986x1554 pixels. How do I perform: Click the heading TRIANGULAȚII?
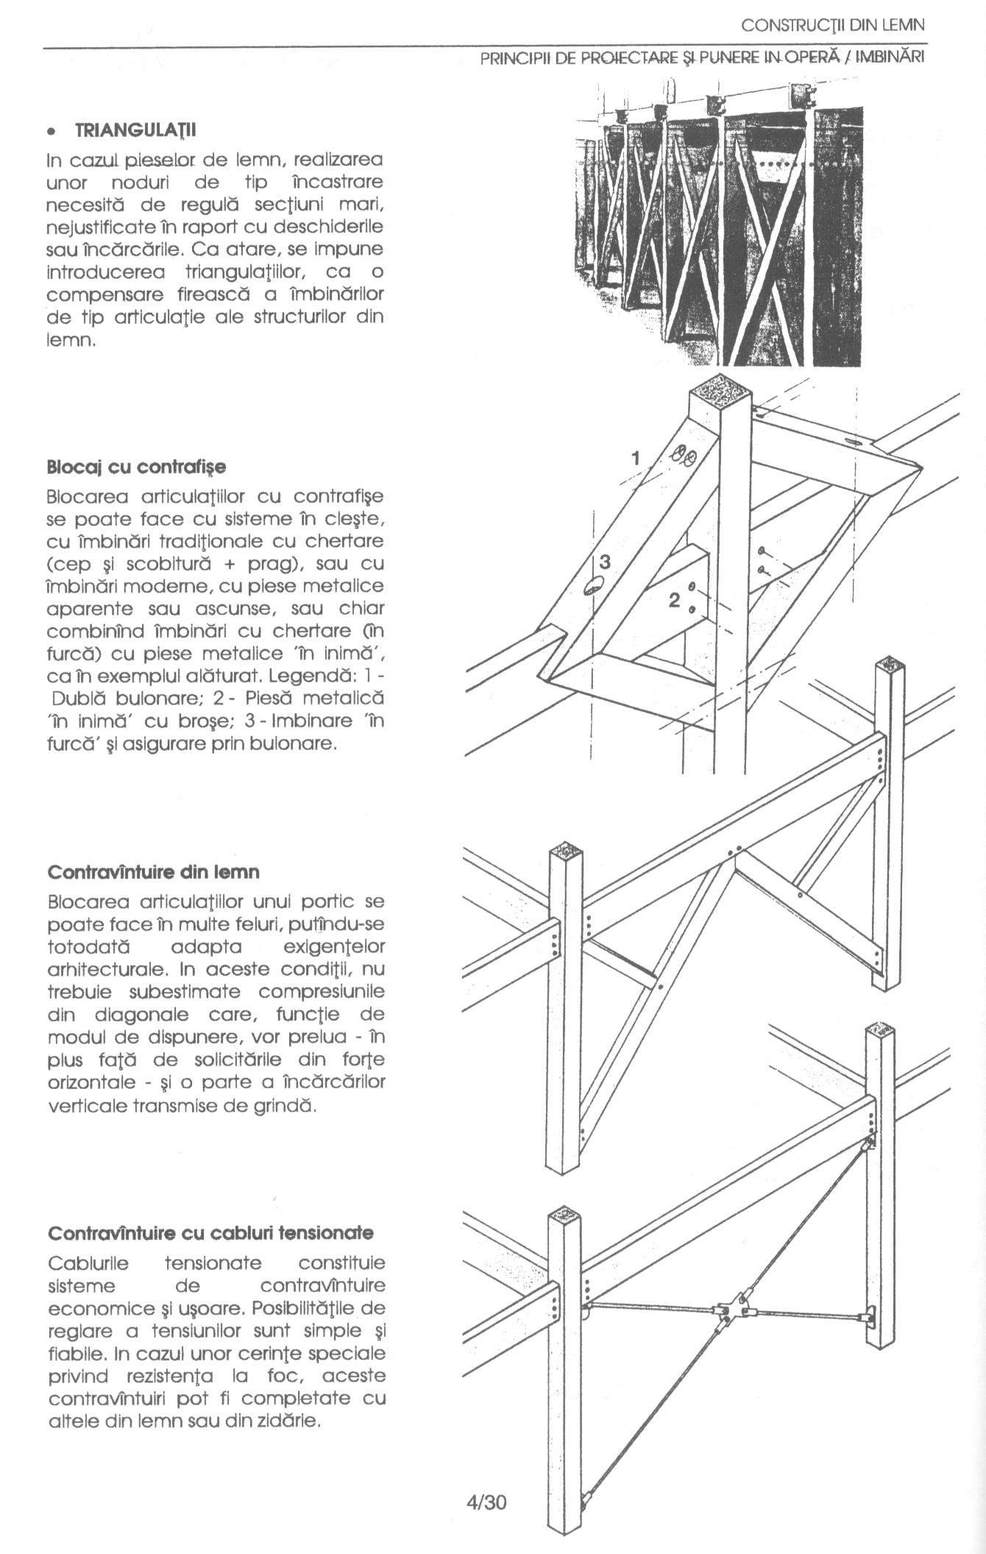(x=135, y=130)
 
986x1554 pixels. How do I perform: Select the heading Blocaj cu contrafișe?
(x=136, y=467)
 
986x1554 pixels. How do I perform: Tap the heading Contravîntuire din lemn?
(x=153, y=872)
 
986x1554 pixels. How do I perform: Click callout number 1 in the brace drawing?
(x=636, y=458)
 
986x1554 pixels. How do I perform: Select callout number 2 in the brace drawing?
(x=674, y=600)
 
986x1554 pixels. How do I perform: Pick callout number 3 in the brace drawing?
(x=605, y=562)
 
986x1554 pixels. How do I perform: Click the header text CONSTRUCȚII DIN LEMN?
(x=832, y=26)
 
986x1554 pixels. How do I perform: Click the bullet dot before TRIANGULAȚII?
(x=50, y=132)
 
